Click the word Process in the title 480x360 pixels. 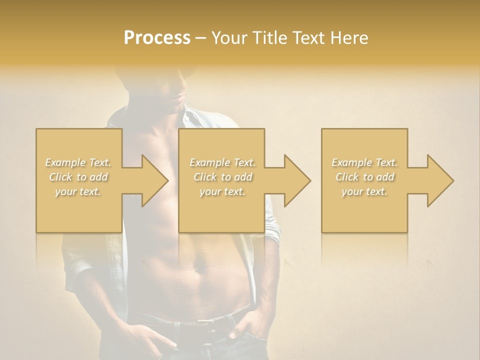pos(157,38)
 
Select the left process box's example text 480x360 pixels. pos(78,176)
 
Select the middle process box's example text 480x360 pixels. pos(222,176)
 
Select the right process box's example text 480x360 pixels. pos(364,176)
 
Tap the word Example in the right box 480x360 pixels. pos(351,162)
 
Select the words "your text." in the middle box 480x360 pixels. pos(222,191)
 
